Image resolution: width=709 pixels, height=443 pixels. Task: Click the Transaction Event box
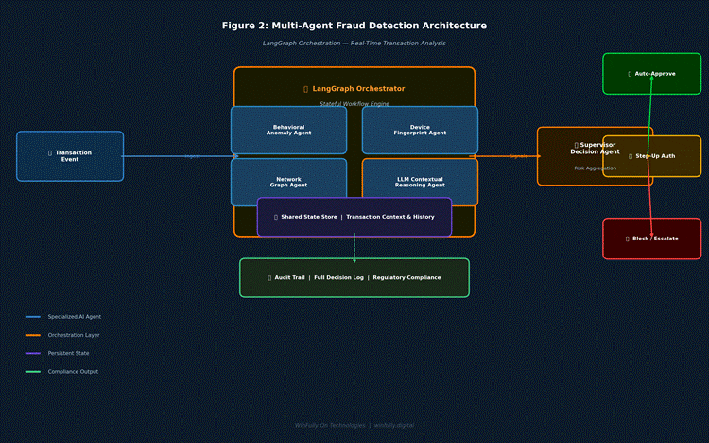pyautogui.click(x=70, y=156)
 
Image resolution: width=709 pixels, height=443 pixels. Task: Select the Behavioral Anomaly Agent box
pyautogui.click(x=288, y=130)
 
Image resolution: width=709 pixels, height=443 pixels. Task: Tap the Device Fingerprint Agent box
pyautogui.click(x=420, y=130)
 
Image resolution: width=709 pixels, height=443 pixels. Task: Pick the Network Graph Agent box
pyautogui.click(x=288, y=182)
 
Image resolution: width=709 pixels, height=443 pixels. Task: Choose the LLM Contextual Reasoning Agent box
pyautogui.click(x=420, y=182)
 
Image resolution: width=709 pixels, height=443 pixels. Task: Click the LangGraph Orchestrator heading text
pyautogui.click(x=354, y=89)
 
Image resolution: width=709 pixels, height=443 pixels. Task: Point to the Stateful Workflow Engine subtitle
pyautogui.click(x=354, y=103)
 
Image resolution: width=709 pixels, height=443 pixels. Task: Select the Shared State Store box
pyautogui.click(x=354, y=217)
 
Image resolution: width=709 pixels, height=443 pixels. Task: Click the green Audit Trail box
pyautogui.click(x=354, y=277)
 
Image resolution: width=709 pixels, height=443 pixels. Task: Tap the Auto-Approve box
pyautogui.click(x=652, y=74)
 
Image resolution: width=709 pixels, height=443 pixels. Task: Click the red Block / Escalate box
pyautogui.click(x=652, y=239)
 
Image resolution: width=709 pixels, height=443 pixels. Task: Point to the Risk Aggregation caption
pyautogui.click(x=595, y=168)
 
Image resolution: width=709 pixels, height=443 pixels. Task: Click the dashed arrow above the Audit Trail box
pyautogui.click(x=354, y=248)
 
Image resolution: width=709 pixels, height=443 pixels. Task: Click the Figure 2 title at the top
pyautogui.click(x=354, y=26)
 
